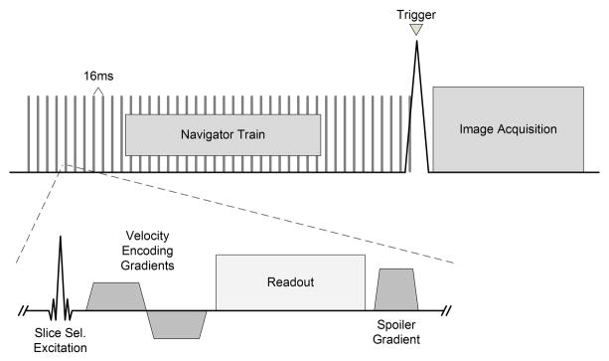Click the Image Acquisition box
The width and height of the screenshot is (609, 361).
tap(507, 129)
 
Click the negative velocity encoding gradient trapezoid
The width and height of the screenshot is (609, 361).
tap(177, 322)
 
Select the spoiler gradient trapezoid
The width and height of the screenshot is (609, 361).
tap(396, 289)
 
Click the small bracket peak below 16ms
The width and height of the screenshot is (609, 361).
tap(97, 90)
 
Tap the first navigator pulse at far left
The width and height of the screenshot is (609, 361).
tap(30, 135)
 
